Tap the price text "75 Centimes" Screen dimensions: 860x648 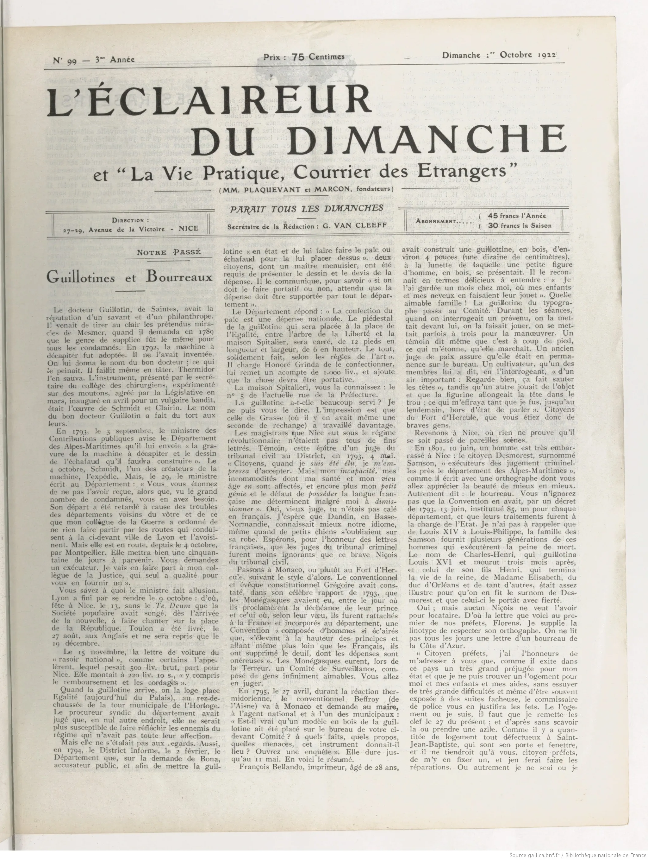click(x=318, y=57)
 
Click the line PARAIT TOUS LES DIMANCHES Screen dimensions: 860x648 click(x=307, y=208)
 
